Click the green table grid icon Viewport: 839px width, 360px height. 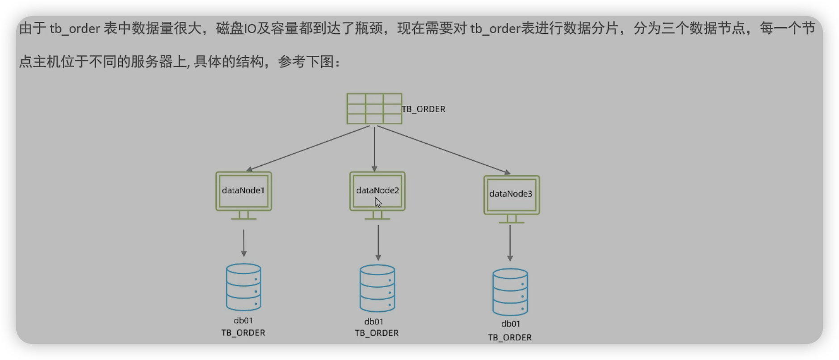[374, 109]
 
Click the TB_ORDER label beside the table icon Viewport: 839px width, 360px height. [424, 109]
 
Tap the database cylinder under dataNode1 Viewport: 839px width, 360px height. [243, 287]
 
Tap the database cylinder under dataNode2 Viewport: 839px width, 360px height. [378, 289]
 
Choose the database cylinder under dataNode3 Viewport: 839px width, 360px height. [510, 292]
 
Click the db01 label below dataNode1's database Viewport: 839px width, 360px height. [243, 321]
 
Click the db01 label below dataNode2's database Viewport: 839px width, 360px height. [374, 322]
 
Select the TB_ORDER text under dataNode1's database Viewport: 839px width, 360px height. [243, 333]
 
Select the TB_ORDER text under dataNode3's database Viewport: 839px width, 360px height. [510, 338]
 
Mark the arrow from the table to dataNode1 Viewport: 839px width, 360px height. [308, 148]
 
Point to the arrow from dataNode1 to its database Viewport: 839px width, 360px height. [243, 243]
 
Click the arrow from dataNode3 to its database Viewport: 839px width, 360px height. [510, 243]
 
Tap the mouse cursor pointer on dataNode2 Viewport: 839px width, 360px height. [378, 202]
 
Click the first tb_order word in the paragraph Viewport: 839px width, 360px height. [75, 29]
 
